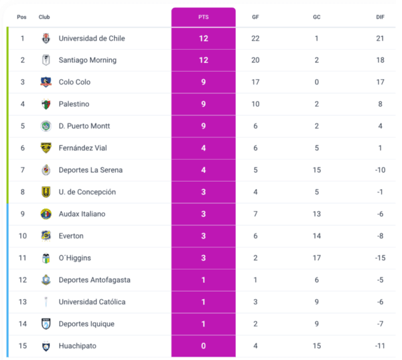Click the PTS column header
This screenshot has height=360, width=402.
[203, 17]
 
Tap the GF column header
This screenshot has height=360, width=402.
[255, 17]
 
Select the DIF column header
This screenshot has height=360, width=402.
[381, 17]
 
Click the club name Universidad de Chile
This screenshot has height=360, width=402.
[92, 38]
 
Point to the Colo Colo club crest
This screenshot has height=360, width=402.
[46, 82]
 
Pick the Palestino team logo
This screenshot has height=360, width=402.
[46, 104]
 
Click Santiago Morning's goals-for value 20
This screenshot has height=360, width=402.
[255, 60]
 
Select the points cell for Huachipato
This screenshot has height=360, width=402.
[204, 346]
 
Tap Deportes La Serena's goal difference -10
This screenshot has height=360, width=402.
[380, 170]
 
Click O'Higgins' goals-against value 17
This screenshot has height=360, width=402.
[316, 258]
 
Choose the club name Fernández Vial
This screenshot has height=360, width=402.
[84, 148]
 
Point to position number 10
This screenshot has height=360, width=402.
[22, 236]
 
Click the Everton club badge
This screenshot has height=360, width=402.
[46, 236]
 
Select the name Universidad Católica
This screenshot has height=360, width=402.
[92, 302]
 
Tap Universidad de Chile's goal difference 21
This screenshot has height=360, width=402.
[380, 38]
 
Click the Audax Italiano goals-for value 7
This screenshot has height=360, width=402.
[255, 214]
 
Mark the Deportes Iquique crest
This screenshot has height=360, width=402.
[46, 324]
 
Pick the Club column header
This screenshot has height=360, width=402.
[44, 17]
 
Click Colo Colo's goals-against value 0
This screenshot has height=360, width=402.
[316, 82]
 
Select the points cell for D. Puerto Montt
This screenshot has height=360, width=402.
[204, 126]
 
